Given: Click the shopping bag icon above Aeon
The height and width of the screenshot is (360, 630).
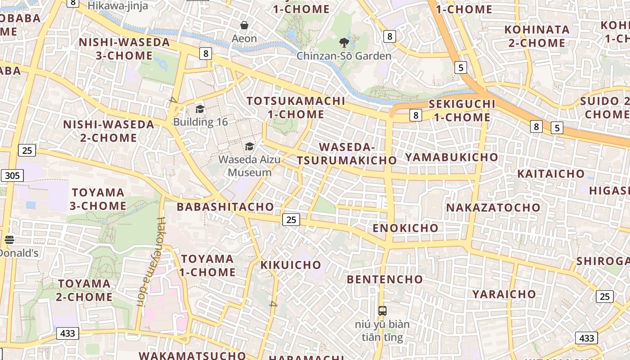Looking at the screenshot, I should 244,25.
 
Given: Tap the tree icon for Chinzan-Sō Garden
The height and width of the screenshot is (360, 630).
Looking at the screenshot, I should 344,43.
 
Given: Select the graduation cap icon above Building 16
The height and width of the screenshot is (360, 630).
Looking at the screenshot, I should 200,109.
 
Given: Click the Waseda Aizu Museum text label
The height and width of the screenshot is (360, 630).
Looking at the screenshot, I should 249,166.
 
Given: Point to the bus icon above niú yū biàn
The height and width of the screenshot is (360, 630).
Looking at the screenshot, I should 382,310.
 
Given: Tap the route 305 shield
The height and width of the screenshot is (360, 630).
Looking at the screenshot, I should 12,175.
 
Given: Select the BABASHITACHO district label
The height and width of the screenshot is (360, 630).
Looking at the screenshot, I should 225,207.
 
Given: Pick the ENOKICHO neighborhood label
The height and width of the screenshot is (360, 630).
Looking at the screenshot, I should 405,228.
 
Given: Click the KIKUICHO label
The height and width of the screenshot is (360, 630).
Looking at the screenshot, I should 291,265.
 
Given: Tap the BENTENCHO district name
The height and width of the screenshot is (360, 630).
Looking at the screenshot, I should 385,279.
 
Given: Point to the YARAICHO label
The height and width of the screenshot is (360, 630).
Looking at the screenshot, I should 504,294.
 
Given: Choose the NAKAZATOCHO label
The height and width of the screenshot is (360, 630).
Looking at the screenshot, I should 493,208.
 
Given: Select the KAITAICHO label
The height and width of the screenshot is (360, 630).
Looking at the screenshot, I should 551,174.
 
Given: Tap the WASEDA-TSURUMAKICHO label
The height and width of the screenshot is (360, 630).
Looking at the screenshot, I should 346,153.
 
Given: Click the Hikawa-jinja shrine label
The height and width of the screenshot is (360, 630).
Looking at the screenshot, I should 117,5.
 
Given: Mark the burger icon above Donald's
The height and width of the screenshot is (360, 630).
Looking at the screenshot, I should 9,240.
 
